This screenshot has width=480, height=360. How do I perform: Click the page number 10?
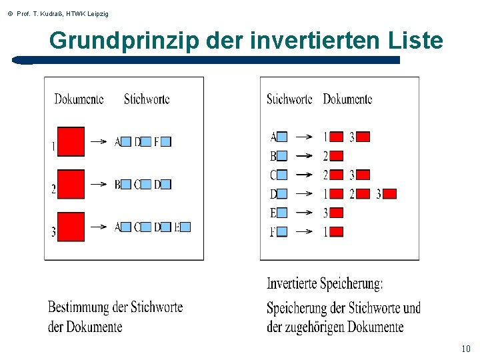click(x=465, y=349)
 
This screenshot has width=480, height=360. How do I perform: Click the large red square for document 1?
click(x=71, y=141)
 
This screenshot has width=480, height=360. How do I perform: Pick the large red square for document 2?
click(x=71, y=184)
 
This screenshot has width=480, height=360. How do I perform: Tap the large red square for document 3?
click(x=71, y=227)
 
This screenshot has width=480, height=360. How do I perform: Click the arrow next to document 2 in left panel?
click(x=99, y=184)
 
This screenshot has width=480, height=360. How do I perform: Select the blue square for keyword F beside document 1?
click(x=166, y=141)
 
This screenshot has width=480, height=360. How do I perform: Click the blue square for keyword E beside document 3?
click(x=185, y=227)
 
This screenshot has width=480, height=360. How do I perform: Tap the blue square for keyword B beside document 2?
click(x=126, y=184)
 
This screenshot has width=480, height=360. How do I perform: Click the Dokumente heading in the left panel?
click(x=79, y=99)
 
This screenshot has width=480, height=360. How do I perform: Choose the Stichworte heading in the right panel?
click(x=289, y=99)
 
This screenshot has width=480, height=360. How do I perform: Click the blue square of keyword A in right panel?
click(x=282, y=137)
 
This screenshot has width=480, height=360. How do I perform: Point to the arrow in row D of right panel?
click(x=304, y=194)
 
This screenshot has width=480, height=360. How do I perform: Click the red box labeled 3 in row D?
click(x=390, y=194)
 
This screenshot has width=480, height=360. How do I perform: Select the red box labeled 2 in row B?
click(x=337, y=156)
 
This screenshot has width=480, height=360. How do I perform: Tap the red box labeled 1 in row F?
click(x=337, y=232)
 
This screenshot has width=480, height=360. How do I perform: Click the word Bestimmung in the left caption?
click(x=77, y=307)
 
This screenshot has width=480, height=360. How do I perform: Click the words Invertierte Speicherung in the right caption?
click(x=325, y=284)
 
